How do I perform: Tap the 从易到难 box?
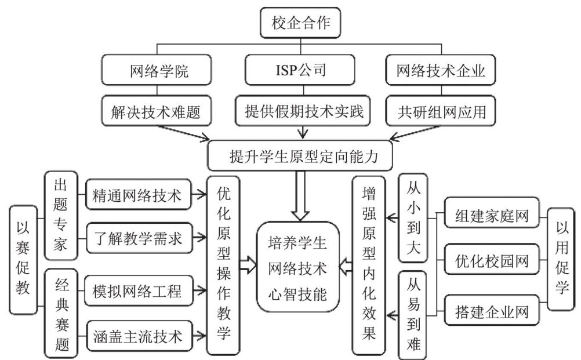(412, 314)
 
